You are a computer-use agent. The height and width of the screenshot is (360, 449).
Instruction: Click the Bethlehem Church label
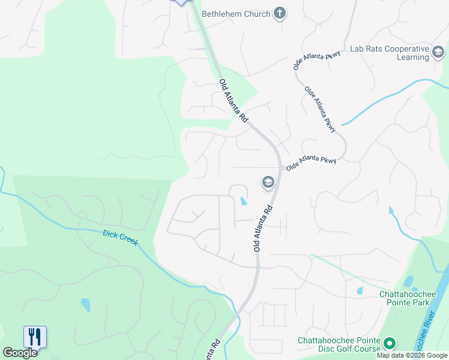click(236, 14)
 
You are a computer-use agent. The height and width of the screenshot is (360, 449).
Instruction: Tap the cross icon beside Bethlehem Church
click(279, 13)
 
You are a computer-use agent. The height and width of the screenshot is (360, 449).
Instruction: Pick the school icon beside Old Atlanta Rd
click(268, 182)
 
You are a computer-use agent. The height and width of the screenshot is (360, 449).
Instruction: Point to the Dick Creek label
click(120, 238)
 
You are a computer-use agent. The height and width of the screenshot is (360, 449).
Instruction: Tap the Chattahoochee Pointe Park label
click(412, 298)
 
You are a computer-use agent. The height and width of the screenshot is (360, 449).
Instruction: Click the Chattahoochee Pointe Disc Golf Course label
click(339, 344)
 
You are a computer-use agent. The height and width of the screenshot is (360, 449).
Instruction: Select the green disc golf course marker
click(390, 344)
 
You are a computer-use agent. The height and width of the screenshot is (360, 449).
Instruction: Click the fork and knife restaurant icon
click(35, 336)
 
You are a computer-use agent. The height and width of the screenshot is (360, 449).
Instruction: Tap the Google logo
click(20, 353)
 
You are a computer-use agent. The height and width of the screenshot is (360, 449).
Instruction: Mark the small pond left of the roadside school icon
click(243, 201)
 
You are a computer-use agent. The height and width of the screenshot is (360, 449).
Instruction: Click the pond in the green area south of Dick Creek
click(85, 305)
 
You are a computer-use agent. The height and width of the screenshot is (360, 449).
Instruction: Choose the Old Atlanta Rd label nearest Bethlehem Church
click(233, 101)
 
